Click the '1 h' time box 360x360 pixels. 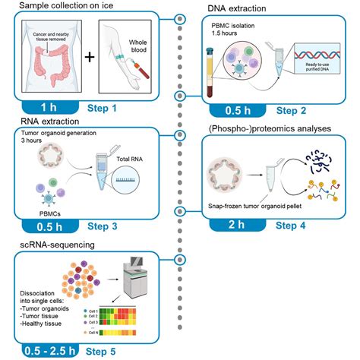[x=46, y=108]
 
